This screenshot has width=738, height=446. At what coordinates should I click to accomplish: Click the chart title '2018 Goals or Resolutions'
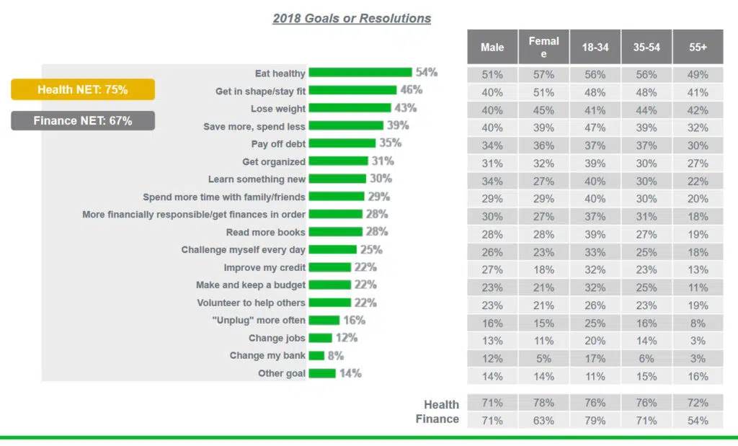352,19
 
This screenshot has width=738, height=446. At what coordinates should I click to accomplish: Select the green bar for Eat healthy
360,72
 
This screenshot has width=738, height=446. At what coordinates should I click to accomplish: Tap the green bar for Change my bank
316,355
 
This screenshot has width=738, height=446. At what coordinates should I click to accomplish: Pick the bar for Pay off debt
340,143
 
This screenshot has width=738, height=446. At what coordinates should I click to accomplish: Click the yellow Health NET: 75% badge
83,89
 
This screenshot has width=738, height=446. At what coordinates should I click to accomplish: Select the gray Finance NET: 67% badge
83,120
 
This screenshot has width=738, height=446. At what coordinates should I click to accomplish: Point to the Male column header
492,48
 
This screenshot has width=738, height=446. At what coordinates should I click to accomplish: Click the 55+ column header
698,48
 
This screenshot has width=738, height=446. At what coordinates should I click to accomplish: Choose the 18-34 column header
595,48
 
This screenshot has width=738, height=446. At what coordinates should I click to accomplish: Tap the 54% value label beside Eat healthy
426,72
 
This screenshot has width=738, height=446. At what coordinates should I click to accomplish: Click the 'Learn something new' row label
257,179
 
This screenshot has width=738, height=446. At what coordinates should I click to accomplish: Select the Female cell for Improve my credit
543,269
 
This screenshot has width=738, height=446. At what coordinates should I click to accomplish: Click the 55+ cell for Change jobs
698,340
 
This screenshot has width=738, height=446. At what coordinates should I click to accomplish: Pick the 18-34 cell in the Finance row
595,420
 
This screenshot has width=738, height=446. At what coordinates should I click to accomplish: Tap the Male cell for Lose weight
492,110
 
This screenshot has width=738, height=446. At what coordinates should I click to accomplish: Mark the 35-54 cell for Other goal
646,375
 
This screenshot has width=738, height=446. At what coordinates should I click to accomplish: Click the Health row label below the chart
441,405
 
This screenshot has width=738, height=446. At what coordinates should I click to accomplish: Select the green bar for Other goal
322,373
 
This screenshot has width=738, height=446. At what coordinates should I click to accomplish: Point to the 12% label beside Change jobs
346,338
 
